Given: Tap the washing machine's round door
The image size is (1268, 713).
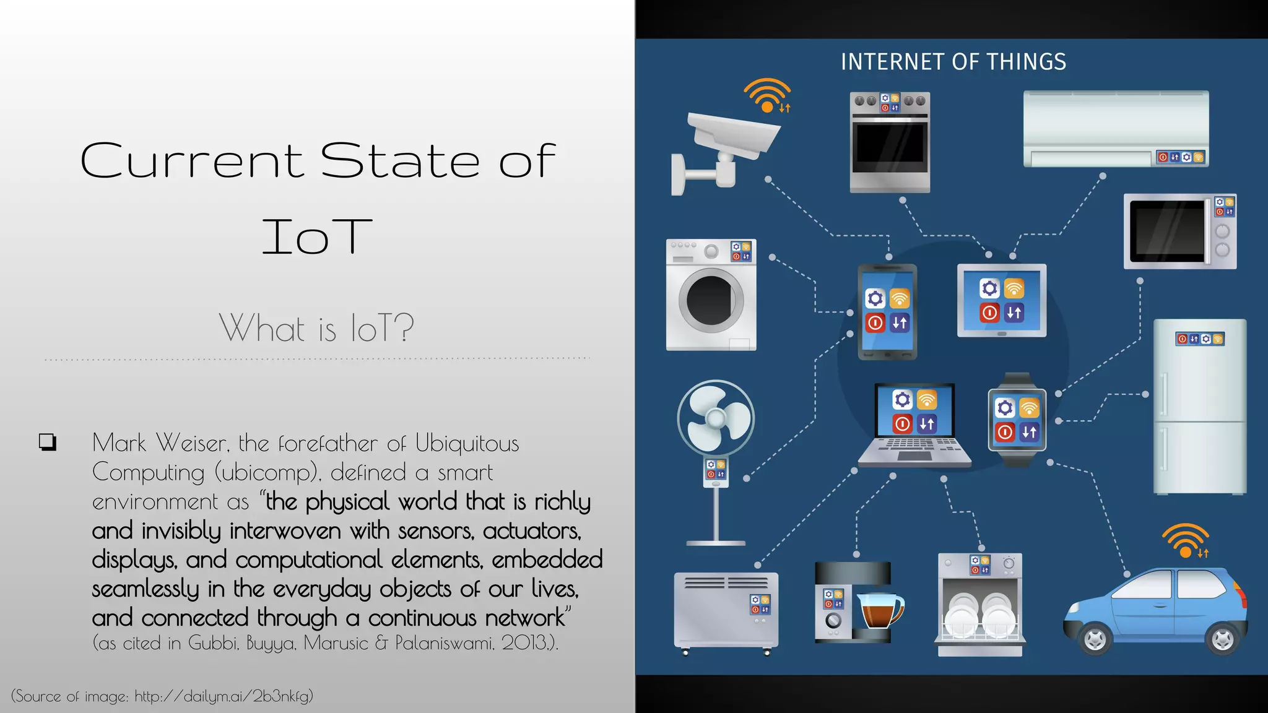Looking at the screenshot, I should point(711,300).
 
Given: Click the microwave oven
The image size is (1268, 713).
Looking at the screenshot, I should point(1179,231).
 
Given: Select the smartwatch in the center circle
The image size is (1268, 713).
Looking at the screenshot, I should point(1017,420).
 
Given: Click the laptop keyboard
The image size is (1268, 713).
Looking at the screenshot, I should point(914,445).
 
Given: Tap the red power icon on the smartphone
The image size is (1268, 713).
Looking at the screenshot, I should point(875,322).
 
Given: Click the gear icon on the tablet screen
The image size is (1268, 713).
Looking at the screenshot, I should point(989,288).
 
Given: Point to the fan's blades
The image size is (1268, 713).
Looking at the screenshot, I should point(716,418).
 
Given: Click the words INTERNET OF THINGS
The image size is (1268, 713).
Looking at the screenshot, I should point(953,62).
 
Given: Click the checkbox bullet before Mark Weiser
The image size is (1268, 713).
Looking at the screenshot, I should point(47,442).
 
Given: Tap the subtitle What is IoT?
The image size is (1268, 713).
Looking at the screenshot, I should point(316,327).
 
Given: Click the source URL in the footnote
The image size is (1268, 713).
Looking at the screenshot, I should point(223,696).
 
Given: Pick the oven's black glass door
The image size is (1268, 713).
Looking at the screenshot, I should point(890,147).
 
